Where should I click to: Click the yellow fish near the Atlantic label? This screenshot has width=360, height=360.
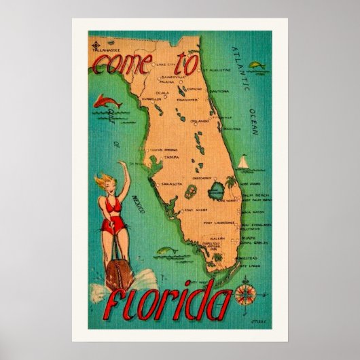257,66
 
